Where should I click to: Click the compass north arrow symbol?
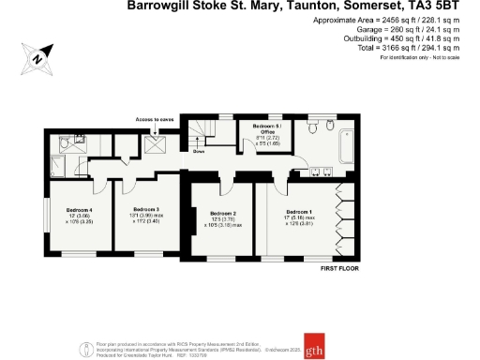pyautogui.click(x=37, y=57)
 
